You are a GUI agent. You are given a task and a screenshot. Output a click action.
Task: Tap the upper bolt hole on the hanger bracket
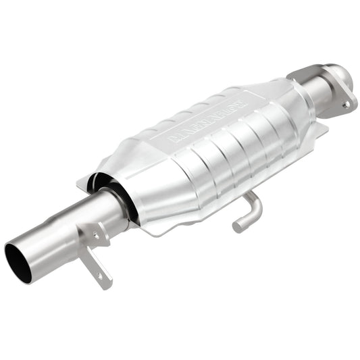(x=96, y=235)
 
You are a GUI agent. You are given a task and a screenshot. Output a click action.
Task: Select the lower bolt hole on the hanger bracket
(x=101, y=275)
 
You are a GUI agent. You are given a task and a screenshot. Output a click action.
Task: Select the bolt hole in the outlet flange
(x=345, y=105)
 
